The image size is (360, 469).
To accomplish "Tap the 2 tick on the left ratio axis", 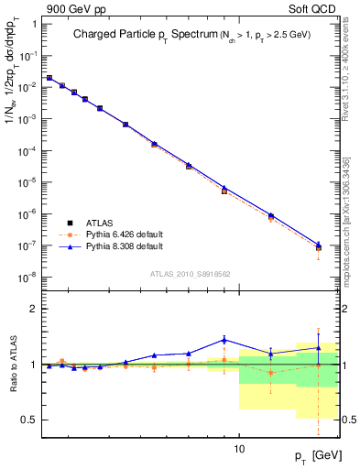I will coord(33,310).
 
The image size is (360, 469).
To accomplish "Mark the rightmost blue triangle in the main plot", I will coord(319,244).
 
